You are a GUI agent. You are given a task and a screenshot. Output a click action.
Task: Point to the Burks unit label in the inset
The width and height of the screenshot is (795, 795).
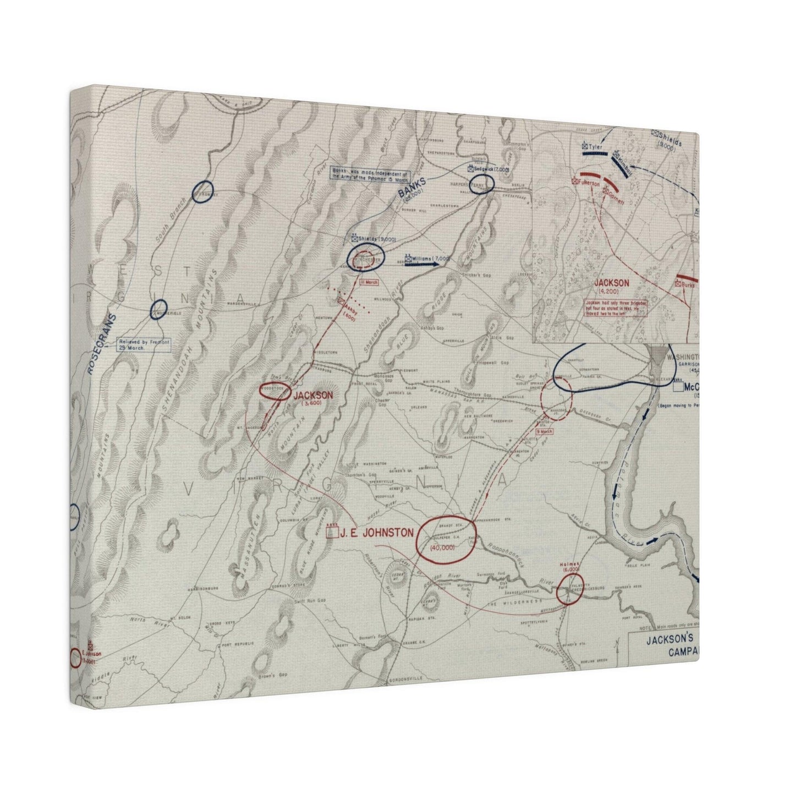[x=688, y=285]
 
